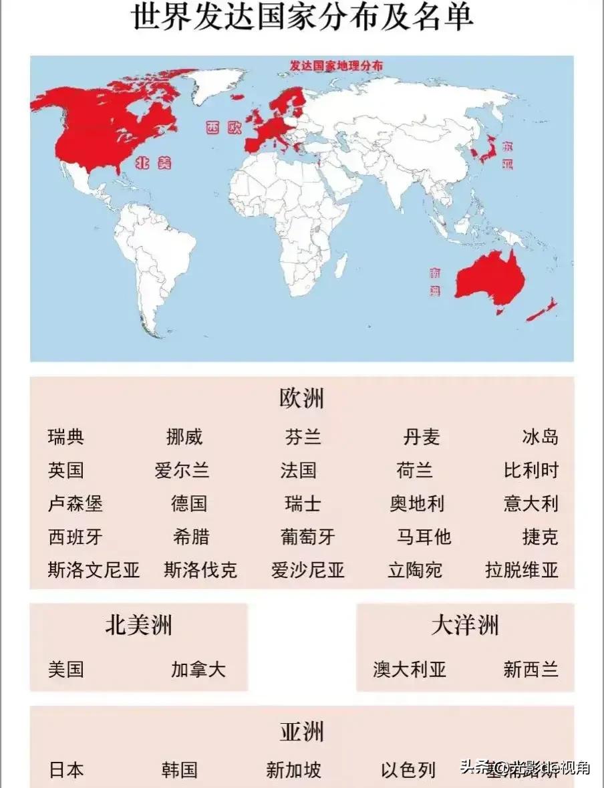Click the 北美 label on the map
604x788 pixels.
(152, 162)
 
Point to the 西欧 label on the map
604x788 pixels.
(223, 128)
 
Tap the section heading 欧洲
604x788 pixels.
(301, 399)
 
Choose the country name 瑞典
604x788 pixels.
(66, 438)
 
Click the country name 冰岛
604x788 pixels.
(540, 438)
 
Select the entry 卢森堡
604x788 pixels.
(75, 503)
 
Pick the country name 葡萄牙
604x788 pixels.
(308, 537)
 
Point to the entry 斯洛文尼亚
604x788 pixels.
(94, 570)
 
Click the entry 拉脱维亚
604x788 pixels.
(521, 570)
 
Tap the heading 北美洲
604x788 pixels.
(138, 626)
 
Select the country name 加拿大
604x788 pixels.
(198, 669)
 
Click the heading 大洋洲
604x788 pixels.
(465, 626)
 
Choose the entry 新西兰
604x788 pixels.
(531, 669)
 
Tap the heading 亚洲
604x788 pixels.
(301, 732)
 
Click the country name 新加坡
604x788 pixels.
(293, 770)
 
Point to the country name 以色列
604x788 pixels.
(408, 770)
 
